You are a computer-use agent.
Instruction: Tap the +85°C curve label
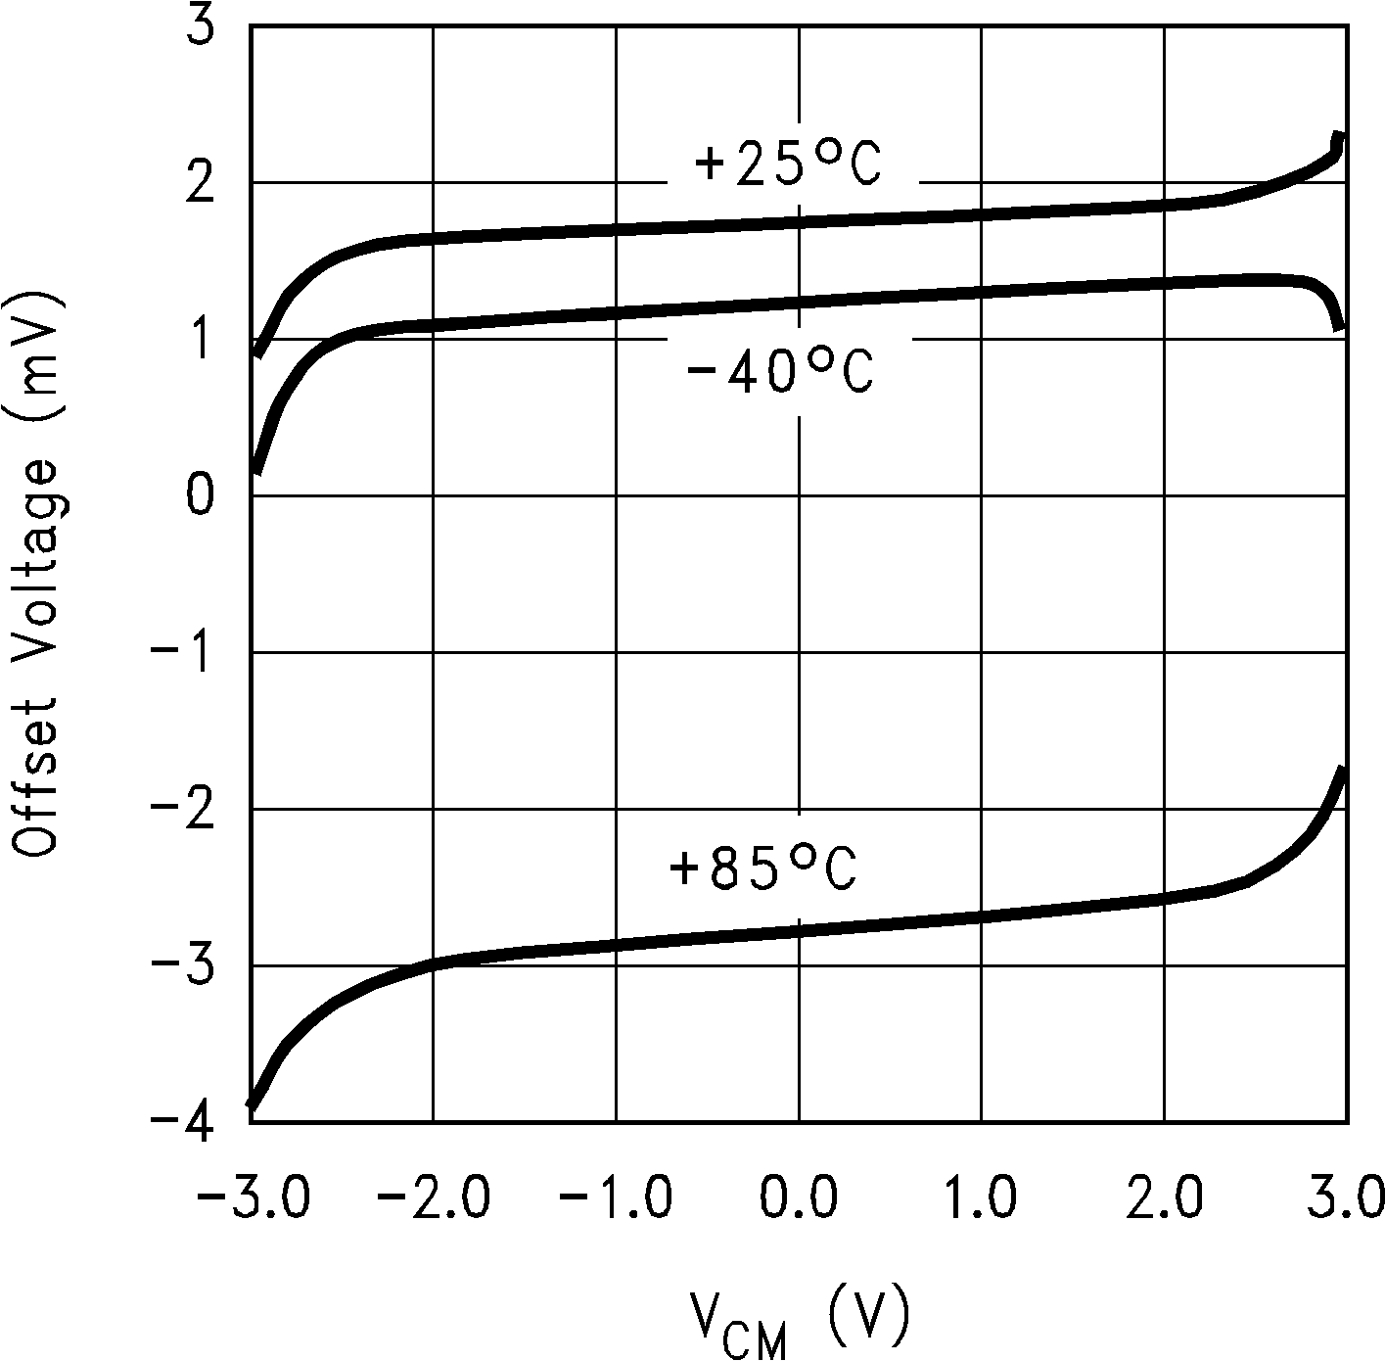(x=762, y=868)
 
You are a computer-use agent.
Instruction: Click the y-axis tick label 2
(x=200, y=183)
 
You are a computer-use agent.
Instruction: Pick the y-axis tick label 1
(x=200, y=340)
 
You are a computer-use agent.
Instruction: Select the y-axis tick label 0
(x=200, y=496)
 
